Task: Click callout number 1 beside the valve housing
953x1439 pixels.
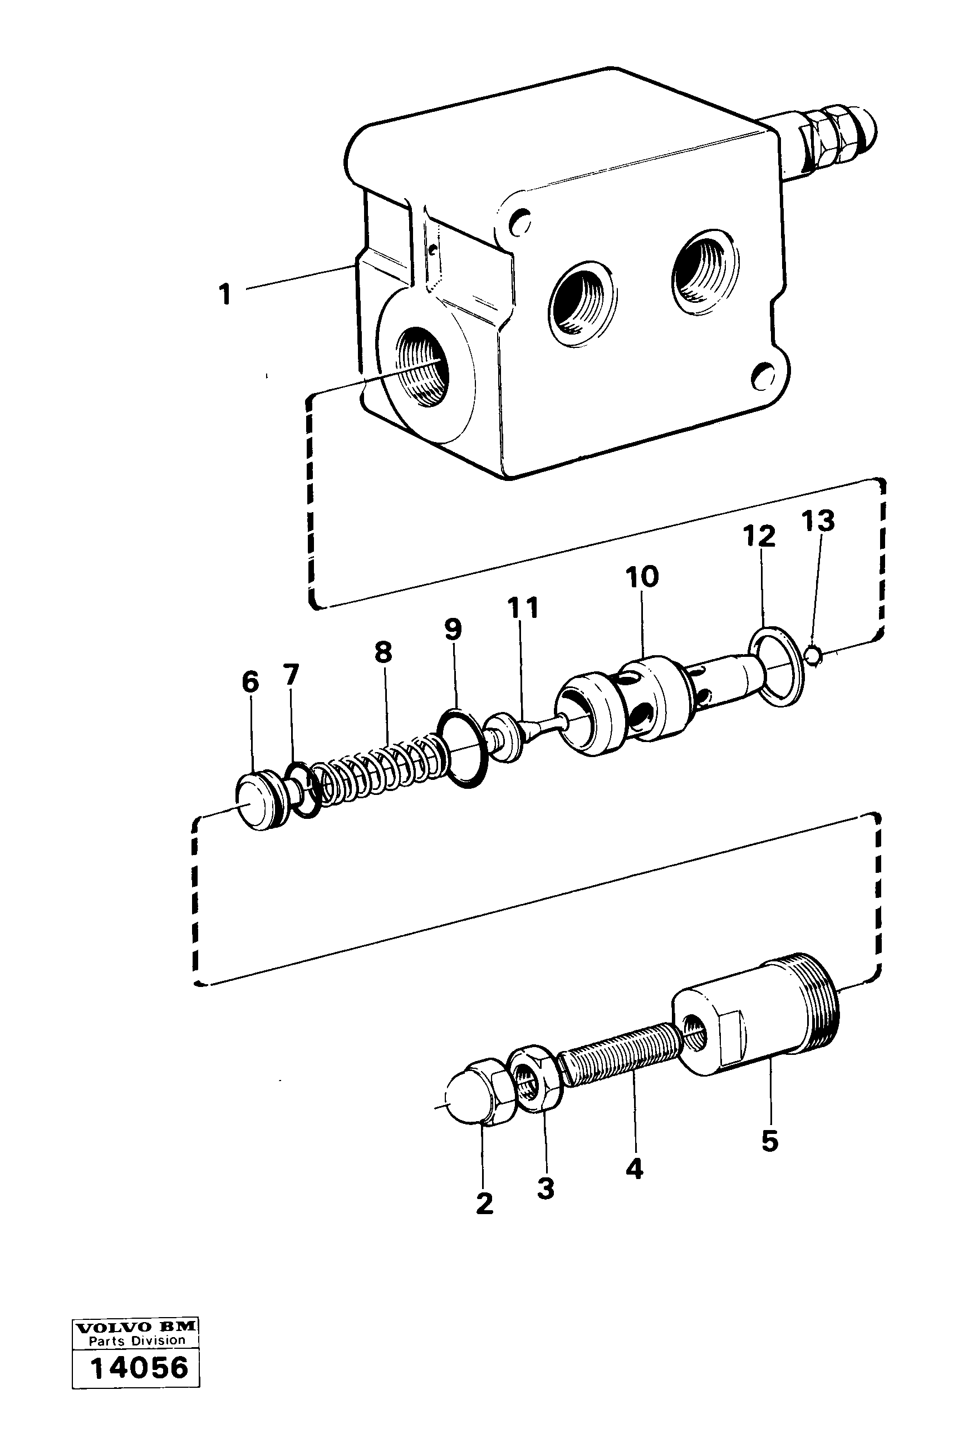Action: [225, 294]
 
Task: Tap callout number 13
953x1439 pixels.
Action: [818, 521]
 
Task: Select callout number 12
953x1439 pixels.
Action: [759, 537]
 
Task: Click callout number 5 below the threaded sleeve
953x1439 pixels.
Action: [769, 1141]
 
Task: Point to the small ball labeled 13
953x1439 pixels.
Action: [814, 655]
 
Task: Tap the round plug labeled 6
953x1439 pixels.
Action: [257, 803]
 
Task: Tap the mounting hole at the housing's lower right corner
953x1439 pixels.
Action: [762, 377]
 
